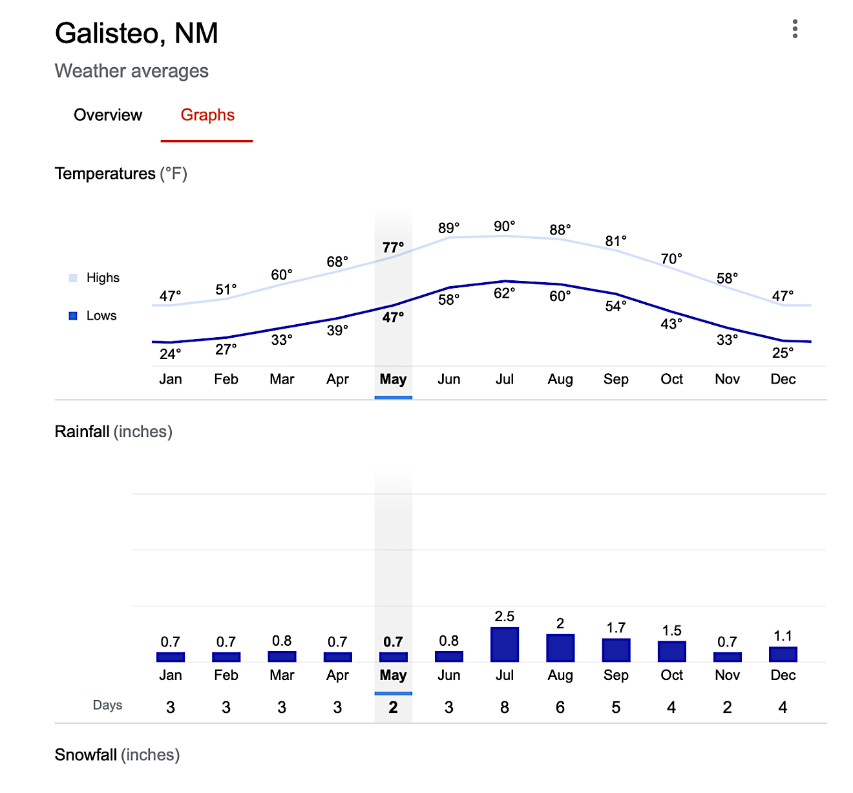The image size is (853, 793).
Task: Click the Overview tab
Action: [x=108, y=115]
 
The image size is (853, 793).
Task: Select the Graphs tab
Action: [x=207, y=115]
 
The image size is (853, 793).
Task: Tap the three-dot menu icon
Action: [x=795, y=29]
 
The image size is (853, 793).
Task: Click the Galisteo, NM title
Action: [x=136, y=34]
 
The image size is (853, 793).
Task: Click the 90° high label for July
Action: [x=505, y=226]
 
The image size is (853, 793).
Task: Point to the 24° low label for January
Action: [x=171, y=354]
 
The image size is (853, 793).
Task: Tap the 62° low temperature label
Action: [x=505, y=293]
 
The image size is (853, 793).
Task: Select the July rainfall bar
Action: [x=505, y=644]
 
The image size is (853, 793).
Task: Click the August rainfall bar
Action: [x=560, y=648]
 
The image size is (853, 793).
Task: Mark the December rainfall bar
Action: [x=783, y=654]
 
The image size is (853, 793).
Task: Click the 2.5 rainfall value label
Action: [x=505, y=617]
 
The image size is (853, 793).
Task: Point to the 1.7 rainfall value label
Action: [x=616, y=628]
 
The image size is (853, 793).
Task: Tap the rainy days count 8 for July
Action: [x=505, y=708]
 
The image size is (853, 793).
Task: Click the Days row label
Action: [x=107, y=705]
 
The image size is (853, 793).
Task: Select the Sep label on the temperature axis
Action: [x=616, y=379]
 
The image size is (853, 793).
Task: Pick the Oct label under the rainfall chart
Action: [x=671, y=675]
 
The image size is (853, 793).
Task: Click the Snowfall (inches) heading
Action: [x=117, y=755]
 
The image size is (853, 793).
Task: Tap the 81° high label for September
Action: [x=616, y=241]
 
